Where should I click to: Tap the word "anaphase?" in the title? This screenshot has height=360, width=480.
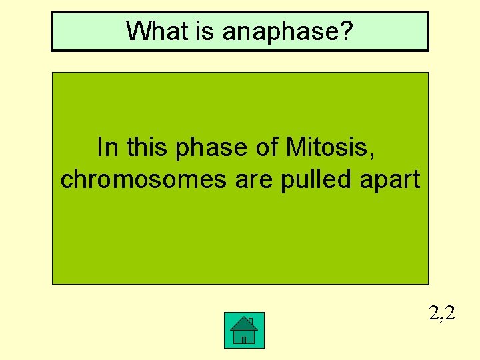(285, 31)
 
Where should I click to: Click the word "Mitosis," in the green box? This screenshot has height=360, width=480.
(330, 147)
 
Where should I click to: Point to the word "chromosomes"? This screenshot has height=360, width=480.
(143, 180)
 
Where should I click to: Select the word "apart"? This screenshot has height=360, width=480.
(389, 180)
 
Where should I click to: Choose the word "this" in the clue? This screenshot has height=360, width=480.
(147, 147)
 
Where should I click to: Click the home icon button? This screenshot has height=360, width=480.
(244, 330)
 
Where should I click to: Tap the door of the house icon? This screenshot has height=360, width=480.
(244, 339)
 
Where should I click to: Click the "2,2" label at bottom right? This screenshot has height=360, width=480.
(442, 313)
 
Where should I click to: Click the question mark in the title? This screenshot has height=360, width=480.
(347, 31)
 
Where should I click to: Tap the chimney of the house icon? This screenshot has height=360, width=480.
(250, 321)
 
